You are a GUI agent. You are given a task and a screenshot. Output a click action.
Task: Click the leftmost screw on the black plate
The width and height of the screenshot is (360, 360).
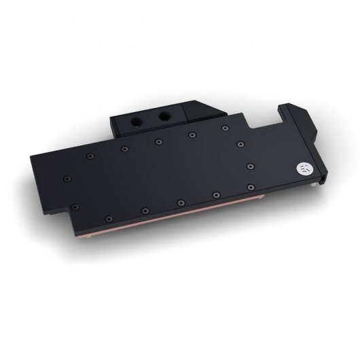click(67, 178)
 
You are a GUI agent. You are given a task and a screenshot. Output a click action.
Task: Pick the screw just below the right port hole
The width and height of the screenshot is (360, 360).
click(185, 134)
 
